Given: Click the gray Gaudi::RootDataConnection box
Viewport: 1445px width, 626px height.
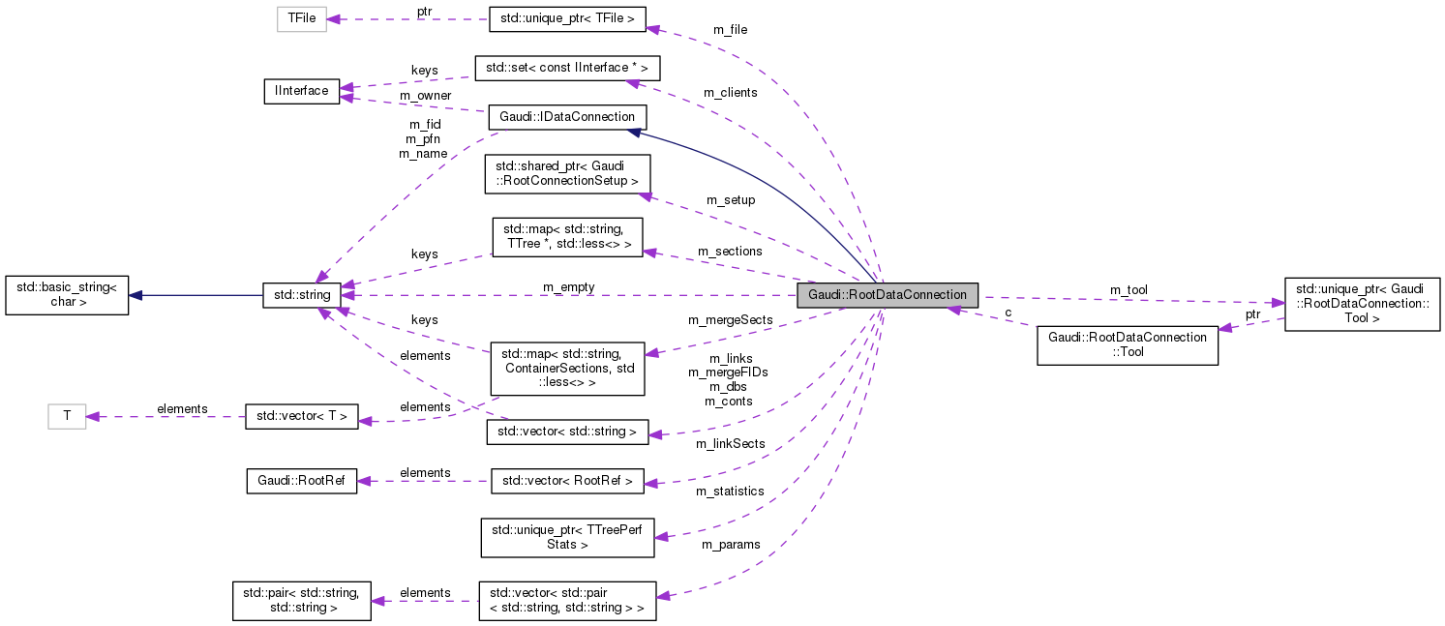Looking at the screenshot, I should pyautogui.click(x=888, y=295).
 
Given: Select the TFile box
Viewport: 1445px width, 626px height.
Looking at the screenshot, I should pyautogui.click(x=302, y=18).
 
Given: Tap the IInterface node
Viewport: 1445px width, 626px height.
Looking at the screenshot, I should pyautogui.click(x=301, y=91).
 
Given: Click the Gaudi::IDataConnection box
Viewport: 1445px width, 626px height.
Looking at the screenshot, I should pyautogui.click(x=566, y=117).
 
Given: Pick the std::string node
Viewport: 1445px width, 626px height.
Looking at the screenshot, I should pyautogui.click(x=301, y=295).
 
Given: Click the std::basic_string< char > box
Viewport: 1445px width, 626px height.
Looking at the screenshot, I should pyautogui.click(x=67, y=295).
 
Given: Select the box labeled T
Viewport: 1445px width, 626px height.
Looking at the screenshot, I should pyautogui.click(x=67, y=416).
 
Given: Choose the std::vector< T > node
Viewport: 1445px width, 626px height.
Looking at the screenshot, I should pyautogui.click(x=301, y=417).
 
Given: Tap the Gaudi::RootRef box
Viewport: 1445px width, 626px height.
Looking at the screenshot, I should pyautogui.click(x=301, y=481).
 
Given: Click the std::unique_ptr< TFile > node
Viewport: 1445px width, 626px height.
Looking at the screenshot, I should pyautogui.click(x=567, y=18).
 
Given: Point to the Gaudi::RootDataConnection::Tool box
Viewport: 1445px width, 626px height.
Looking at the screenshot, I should pyautogui.click(x=1127, y=345).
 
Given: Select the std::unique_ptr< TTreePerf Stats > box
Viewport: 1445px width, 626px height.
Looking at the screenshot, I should pyautogui.click(x=567, y=538).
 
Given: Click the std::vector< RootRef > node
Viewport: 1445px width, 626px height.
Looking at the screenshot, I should pyautogui.click(x=567, y=481).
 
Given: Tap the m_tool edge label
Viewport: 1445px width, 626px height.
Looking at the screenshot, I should pyautogui.click(x=1128, y=289).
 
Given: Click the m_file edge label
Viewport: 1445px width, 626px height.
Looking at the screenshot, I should pyautogui.click(x=730, y=29).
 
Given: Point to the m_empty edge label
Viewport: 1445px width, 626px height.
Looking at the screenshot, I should pyautogui.click(x=568, y=286).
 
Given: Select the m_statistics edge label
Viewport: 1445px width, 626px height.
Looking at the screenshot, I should pyautogui.click(x=730, y=491).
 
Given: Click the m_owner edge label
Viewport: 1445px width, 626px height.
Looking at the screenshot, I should pyautogui.click(x=425, y=95).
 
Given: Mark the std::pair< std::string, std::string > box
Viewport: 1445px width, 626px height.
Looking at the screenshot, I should pyautogui.click(x=301, y=600).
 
